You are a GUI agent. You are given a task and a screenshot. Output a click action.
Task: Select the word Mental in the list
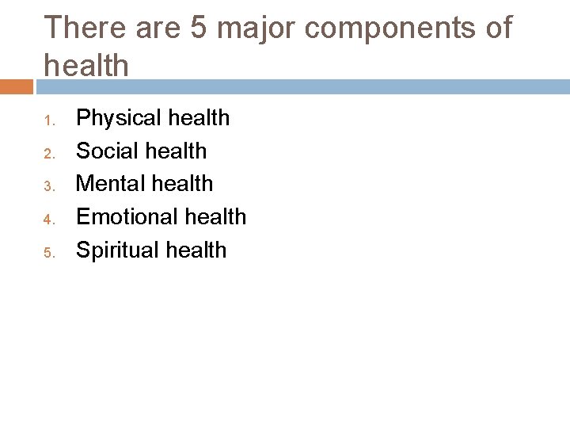coord(107,183)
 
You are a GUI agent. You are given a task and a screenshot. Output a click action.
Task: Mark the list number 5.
coord(47,253)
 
